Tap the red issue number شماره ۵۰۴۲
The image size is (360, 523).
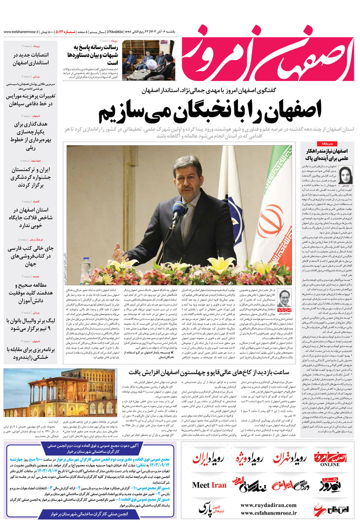(68, 32)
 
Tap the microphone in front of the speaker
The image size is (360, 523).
(178, 212)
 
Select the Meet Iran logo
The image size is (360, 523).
(209, 485)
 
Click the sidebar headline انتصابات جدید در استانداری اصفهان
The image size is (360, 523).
(27, 59)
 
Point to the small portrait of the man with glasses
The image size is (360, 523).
(285, 298)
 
